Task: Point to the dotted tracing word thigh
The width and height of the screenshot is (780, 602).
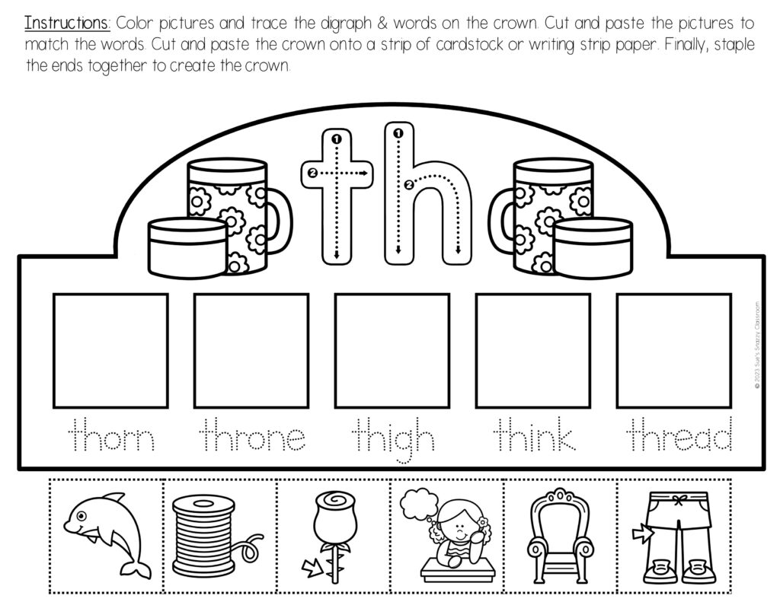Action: click(393, 440)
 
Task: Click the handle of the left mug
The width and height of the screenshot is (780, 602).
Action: click(280, 221)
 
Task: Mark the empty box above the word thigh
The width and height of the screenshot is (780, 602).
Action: click(392, 350)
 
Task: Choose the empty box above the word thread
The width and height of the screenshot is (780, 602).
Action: click(673, 350)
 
